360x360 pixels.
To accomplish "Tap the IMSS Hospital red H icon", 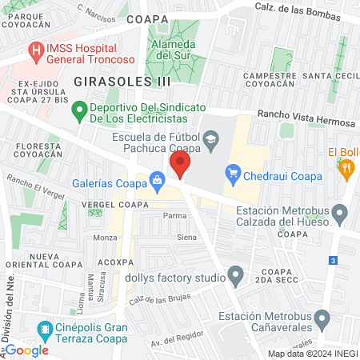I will pyautogui.click(x=36, y=50).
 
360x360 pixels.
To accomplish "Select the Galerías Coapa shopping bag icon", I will pyautogui.click(x=158, y=179).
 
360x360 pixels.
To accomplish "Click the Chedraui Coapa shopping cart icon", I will pyautogui.click(x=233, y=172).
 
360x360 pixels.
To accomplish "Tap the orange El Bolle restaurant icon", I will pyautogui.click(x=346, y=167).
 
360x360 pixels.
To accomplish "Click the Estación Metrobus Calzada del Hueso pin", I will pyautogui.click(x=340, y=214).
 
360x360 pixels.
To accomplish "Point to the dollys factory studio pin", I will pyautogui.click(x=235, y=278).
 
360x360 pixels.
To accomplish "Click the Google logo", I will pyautogui.click(x=26, y=350).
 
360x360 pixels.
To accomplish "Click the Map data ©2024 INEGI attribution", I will pyautogui.click(x=311, y=354).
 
